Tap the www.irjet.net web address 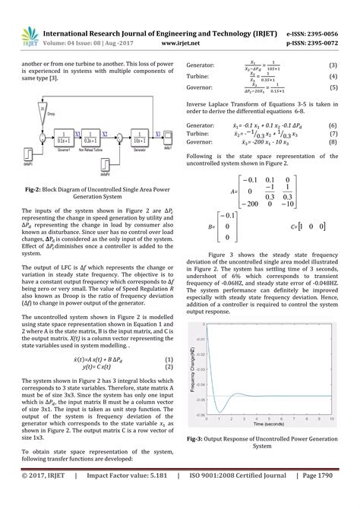coord(180,44)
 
